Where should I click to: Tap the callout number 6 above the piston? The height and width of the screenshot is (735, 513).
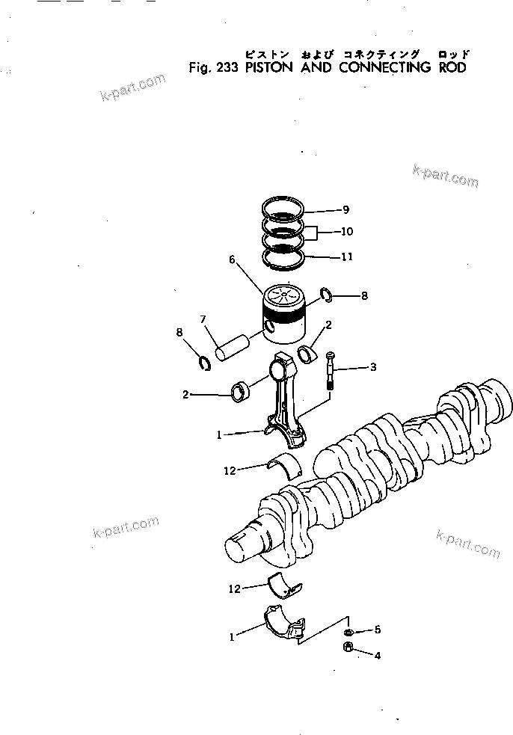pyautogui.click(x=232, y=259)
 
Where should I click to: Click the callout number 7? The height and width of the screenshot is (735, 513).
pyautogui.click(x=202, y=320)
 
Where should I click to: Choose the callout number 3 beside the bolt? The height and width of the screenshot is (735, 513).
pyautogui.click(x=373, y=367)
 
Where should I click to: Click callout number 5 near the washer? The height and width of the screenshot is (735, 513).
pyautogui.click(x=378, y=630)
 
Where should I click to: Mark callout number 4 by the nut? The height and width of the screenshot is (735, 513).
pyautogui.click(x=378, y=656)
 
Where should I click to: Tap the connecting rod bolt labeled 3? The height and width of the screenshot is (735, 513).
pyautogui.click(x=331, y=370)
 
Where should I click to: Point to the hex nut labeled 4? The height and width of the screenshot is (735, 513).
pyautogui.click(x=348, y=648)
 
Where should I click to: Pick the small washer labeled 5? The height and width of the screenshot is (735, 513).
pyautogui.click(x=350, y=632)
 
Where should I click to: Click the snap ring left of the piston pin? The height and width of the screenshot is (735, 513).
pyautogui.click(x=202, y=363)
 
